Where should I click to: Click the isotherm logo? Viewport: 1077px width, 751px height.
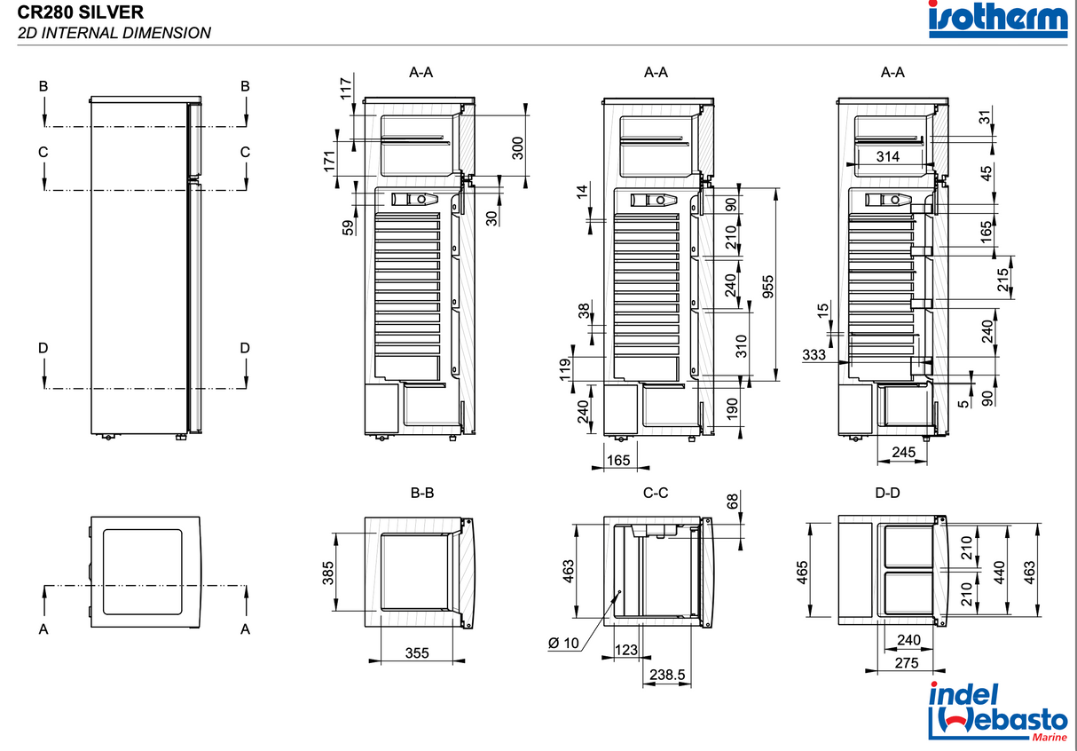997,20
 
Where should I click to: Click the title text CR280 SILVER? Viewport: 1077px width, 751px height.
80,12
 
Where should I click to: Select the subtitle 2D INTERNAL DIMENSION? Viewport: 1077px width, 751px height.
114,34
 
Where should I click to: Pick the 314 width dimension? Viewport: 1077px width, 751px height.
887,156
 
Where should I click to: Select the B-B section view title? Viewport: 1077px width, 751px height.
422,493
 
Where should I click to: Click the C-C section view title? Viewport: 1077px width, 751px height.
656,493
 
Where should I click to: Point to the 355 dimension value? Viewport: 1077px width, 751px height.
416,652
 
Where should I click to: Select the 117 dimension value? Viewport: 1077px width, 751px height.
346,87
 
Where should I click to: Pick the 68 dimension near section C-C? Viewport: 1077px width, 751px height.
732,502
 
